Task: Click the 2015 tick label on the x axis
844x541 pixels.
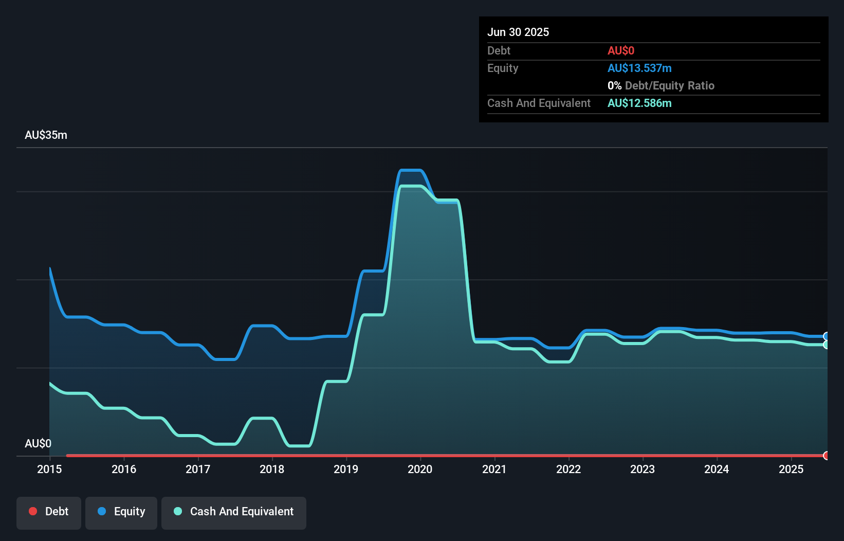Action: click(x=49, y=469)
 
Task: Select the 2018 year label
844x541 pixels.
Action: click(x=272, y=469)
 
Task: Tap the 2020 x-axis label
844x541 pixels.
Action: click(x=420, y=469)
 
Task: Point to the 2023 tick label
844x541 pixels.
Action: click(x=643, y=469)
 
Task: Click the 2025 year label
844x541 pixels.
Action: click(x=791, y=469)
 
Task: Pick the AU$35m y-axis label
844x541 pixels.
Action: click(x=46, y=135)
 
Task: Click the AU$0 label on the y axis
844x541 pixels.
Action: click(x=38, y=443)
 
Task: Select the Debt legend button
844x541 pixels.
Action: click(x=49, y=512)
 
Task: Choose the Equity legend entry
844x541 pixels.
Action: click(x=121, y=512)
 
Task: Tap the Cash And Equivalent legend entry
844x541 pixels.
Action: click(x=234, y=512)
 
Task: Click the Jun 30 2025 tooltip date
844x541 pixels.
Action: click(x=518, y=32)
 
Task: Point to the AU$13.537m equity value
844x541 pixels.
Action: click(x=639, y=68)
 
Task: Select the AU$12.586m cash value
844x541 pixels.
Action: click(x=639, y=103)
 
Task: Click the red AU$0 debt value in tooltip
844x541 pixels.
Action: click(x=621, y=50)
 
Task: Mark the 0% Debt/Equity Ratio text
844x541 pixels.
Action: click(x=661, y=85)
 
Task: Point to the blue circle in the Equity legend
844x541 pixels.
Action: click(x=102, y=511)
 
